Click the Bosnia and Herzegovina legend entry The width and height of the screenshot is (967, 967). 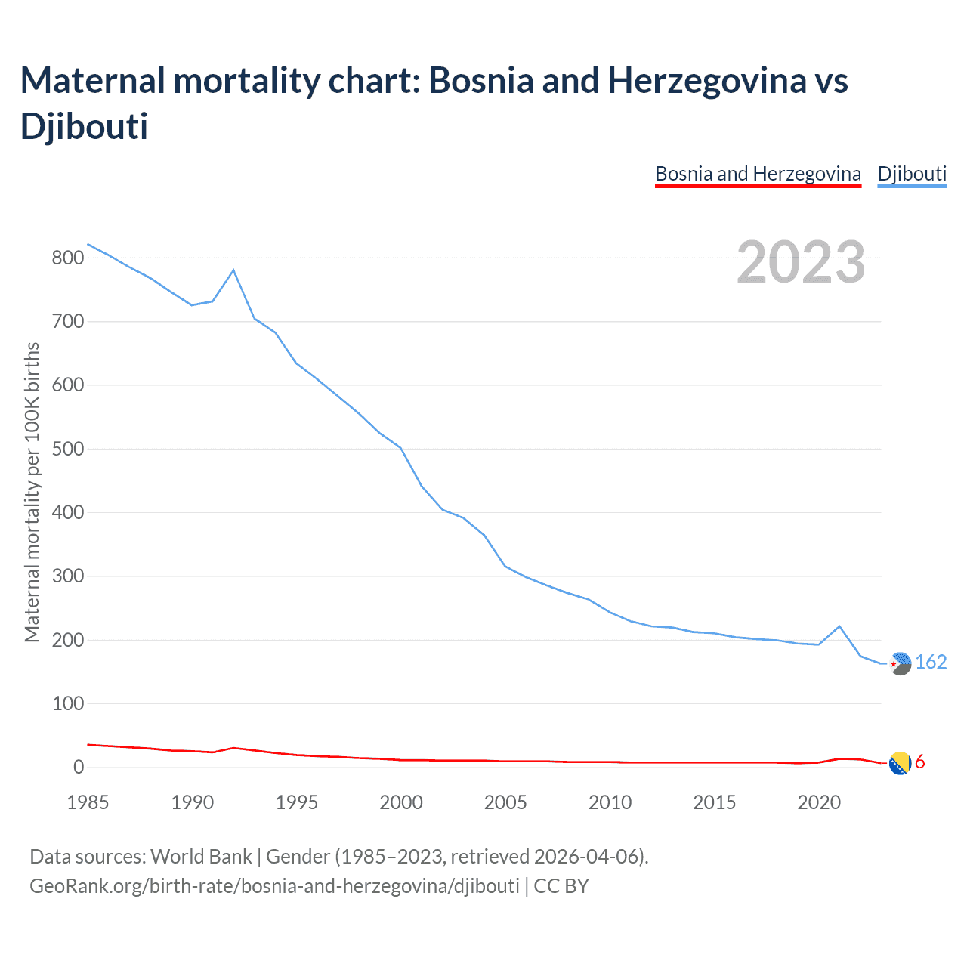click(758, 174)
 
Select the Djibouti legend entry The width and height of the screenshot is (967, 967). click(912, 174)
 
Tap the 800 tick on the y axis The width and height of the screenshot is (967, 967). click(67, 258)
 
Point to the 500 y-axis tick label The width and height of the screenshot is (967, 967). click(67, 449)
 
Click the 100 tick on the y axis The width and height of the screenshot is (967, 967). click(67, 703)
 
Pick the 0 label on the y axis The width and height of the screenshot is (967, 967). click(79, 768)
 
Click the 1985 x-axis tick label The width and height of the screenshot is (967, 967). click(88, 802)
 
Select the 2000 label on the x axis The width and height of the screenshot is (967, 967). click(401, 802)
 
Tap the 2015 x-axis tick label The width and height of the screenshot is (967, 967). click(715, 802)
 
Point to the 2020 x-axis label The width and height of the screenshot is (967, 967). click(819, 802)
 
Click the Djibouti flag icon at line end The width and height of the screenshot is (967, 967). click(900, 663)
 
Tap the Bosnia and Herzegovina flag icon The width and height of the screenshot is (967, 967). click(900, 764)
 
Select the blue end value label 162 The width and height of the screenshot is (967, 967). click(931, 663)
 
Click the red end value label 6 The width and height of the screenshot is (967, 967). click(920, 762)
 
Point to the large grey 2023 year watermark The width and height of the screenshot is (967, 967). click(801, 262)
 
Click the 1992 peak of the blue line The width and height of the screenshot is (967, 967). click(233, 270)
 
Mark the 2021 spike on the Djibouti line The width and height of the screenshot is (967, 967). click(839, 626)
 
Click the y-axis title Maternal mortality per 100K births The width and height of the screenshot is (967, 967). click(32, 493)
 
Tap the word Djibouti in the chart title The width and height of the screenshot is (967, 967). click(84, 125)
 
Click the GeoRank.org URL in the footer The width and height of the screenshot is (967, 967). click(274, 885)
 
